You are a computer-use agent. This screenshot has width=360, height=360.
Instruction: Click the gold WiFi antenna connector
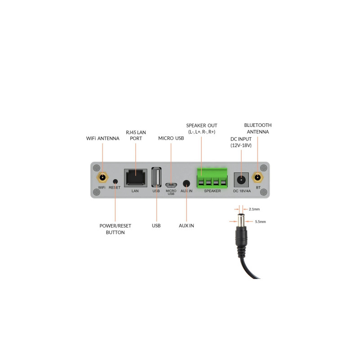pos(102,179)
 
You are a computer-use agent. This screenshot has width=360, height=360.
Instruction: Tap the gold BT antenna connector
pos(258,179)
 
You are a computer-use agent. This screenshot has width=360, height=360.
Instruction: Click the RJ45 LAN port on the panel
pos(135,177)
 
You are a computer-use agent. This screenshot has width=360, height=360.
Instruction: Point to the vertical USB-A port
pos(156,177)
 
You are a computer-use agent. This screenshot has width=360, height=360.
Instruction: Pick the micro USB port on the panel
pos(171,184)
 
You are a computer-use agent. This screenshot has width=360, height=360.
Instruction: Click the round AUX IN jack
pos(186,184)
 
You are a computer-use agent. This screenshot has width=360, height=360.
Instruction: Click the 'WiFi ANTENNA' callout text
pos(103,139)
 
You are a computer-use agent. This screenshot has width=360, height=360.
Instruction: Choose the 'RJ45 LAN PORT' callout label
pos(136,135)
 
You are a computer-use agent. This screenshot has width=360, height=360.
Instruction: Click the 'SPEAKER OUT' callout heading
pos(202,125)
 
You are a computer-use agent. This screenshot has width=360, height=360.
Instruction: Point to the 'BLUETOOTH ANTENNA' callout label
pos(258,128)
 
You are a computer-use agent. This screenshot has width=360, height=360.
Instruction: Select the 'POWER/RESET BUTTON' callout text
pos(115,229)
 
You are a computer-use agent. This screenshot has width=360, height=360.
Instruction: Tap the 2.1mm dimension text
pos(254,209)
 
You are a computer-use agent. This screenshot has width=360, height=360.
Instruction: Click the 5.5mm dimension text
pos(260,222)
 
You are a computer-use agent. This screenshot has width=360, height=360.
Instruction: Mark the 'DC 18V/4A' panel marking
pos(242,191)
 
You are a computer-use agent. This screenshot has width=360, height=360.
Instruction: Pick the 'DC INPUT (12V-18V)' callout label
pos(241,142)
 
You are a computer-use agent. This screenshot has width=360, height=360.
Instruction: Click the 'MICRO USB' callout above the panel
pos(171,138)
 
